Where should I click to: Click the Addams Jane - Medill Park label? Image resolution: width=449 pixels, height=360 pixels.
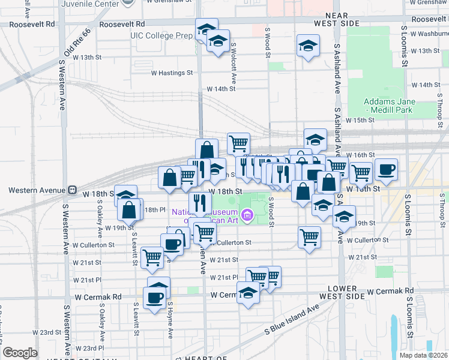tap(399, 106)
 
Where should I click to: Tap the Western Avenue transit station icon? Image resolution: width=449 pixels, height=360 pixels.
tap(72, 190)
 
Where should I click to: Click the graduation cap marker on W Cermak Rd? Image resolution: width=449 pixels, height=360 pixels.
tap(247, 293)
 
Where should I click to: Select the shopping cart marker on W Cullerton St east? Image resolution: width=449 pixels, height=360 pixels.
tap(309, 237)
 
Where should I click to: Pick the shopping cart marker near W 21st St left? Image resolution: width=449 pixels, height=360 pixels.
tap(152, 257)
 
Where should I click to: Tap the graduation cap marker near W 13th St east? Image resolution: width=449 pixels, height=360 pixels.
tap(308, 45)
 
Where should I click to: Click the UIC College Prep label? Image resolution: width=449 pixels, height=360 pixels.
tap(161, 36)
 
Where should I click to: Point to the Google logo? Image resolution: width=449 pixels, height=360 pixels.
tap(20, 353)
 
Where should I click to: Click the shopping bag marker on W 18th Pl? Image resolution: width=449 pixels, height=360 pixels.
tap(129, 209)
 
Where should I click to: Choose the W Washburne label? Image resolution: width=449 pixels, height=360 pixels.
tap(429, 34)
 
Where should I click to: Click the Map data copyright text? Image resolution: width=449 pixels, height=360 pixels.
tap(423, 355)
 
